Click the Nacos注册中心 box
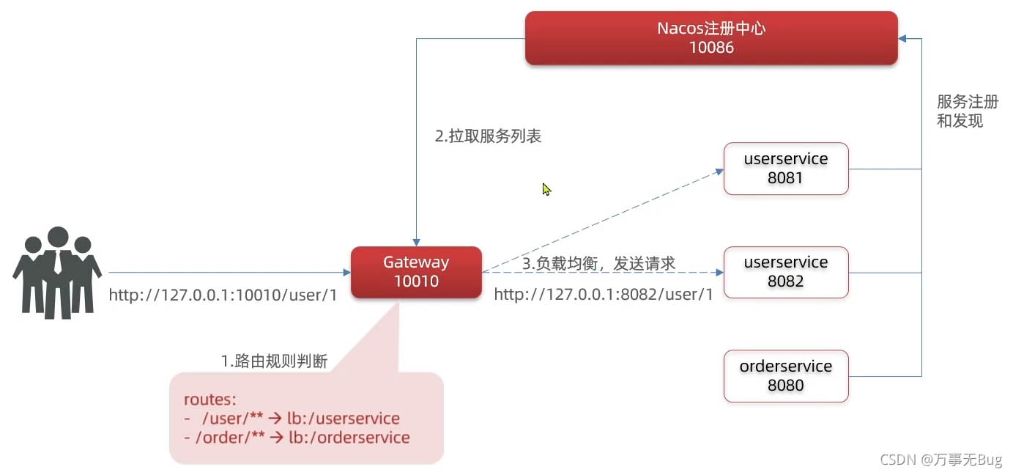coord(711,38)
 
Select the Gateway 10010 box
coord(416,273)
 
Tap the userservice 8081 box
coord(786,169)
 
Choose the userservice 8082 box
coord(786,273)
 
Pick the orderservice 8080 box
coord(786,376)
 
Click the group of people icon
coord(57,273)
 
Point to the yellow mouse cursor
coord(546,189)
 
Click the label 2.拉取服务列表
coord(488,136)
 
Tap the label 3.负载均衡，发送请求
coord(598,263)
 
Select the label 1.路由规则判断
coord(274,361)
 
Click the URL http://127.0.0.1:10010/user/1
coord(223,295)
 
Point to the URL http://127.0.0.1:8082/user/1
coord(604,295)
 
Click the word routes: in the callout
coord(210,399)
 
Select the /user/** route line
coord(292,419)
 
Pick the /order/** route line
coord(297,438)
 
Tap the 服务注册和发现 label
coord(968,111)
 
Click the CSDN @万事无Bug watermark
coord(940,460)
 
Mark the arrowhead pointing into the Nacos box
coord(902,38)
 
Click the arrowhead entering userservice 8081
coord(719,172)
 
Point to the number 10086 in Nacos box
coord(711,48)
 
